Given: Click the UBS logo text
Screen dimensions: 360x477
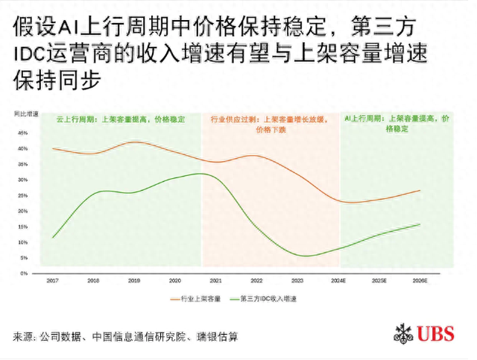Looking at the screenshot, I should coord(437,334).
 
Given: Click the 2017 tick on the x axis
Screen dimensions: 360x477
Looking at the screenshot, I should coord(52,280).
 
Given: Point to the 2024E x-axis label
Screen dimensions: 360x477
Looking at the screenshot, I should coord(339,280).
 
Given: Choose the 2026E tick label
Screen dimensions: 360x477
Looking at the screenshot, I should coord(420,280).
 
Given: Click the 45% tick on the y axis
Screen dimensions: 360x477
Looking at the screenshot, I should coord(23,133).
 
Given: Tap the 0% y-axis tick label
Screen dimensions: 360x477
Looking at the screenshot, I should coord(25,274).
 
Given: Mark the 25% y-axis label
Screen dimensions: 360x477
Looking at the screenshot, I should coord(23,195).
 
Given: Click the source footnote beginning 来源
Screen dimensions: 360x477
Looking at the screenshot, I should coord(126,337).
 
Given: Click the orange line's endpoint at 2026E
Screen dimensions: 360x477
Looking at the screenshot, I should coord(420,190).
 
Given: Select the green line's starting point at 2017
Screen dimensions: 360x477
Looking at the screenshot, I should coord(53,238).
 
